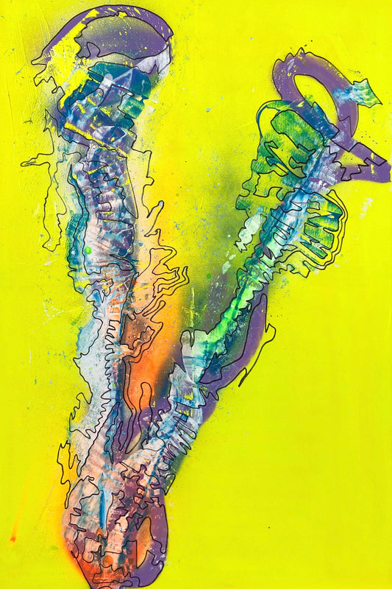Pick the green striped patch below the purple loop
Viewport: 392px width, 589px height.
click(x=283, y=136)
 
